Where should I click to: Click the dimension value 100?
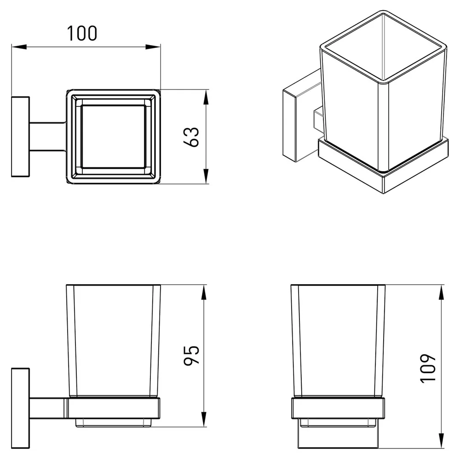tap(82, 33)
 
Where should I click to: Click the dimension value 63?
tap(191, 137)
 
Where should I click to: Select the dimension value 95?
tap(191, 355)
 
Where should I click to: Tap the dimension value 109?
tap(428, 368)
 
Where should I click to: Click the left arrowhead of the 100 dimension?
tap(19, 47)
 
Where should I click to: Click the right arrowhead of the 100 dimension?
tap(153, 47)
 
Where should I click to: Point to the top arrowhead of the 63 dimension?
tap(206, 97)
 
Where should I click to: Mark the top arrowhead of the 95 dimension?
tap(204, 292)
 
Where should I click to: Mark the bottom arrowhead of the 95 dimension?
tap(204, 419)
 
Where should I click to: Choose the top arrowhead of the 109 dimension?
tap(441, 292)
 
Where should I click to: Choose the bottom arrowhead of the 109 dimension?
tap(441, 441)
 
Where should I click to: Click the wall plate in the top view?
tap(21, 137)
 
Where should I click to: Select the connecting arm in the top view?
tap(48, 137)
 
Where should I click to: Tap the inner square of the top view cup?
tap(114, 137)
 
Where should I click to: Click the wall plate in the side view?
tap(21, 408)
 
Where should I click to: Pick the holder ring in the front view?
tap(338, 408)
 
